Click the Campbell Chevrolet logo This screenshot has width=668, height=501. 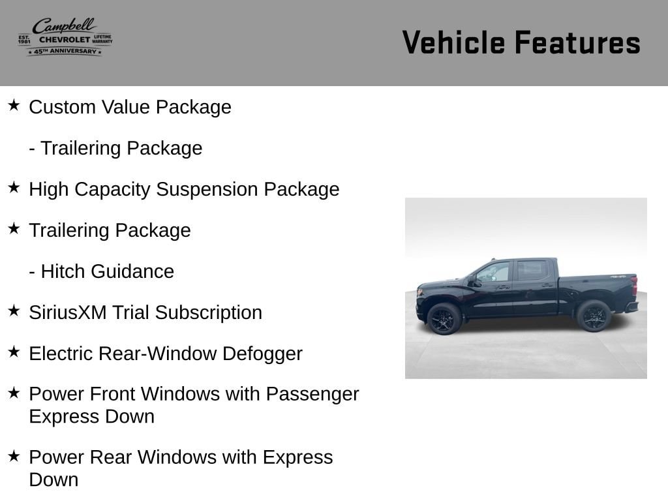[x=65, y=37]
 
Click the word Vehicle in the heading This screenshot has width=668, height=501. [x=454, y=42]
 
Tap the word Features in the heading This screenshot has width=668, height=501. [x=578, y=42]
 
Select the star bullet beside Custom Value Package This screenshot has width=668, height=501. [x=14, y=105]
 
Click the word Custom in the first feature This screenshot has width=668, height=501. [x=62, y=107]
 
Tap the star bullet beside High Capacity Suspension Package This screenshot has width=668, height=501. [x=14, y=187]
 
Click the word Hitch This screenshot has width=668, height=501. [x=63, y=271]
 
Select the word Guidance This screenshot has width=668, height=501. [x=132, y=271]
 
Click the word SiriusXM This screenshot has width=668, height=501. [x=68, y=312]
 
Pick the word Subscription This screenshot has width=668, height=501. [x=208, y=313]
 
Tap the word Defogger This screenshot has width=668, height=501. [x=262, y=354]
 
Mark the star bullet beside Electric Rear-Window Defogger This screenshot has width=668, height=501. [x=14, y=352]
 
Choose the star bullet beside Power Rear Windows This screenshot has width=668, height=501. [x=14, y=456]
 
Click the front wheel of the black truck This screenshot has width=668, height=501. [x=444, y=318]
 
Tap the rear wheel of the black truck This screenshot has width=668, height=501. [x=594, y=316]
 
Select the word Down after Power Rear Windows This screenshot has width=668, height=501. [x=53, y=480]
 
